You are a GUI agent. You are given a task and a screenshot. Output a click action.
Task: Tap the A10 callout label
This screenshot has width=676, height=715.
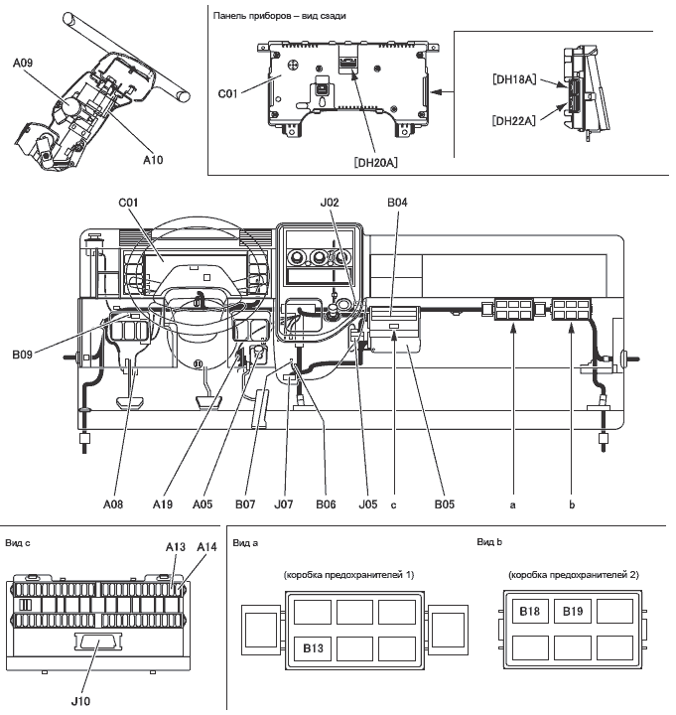tap(153, 158)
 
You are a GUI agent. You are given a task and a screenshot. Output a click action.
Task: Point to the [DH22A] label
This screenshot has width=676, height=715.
tap(514, 120)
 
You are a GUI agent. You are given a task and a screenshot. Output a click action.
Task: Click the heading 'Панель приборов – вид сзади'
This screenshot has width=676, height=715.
tap(280, 16)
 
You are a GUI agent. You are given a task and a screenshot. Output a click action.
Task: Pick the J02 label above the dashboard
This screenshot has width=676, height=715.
tap(331, 203)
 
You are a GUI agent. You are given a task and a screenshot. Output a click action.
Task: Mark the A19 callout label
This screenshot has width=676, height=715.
tap(163, 503)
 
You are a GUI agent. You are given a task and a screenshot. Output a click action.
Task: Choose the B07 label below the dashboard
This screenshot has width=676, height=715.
tap(246, 503)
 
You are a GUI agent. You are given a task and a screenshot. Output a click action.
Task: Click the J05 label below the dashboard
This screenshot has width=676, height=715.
tap(368, 503)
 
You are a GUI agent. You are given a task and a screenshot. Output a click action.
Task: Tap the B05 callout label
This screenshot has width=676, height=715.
tap(444, 503)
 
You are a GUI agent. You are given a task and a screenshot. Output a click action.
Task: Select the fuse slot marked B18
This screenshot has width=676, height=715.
tap(529, 612)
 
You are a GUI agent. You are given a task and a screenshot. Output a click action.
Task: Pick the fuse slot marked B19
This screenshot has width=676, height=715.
tap(573, 612)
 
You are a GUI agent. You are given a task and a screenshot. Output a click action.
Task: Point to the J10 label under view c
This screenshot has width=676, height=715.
tap(81, 700)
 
